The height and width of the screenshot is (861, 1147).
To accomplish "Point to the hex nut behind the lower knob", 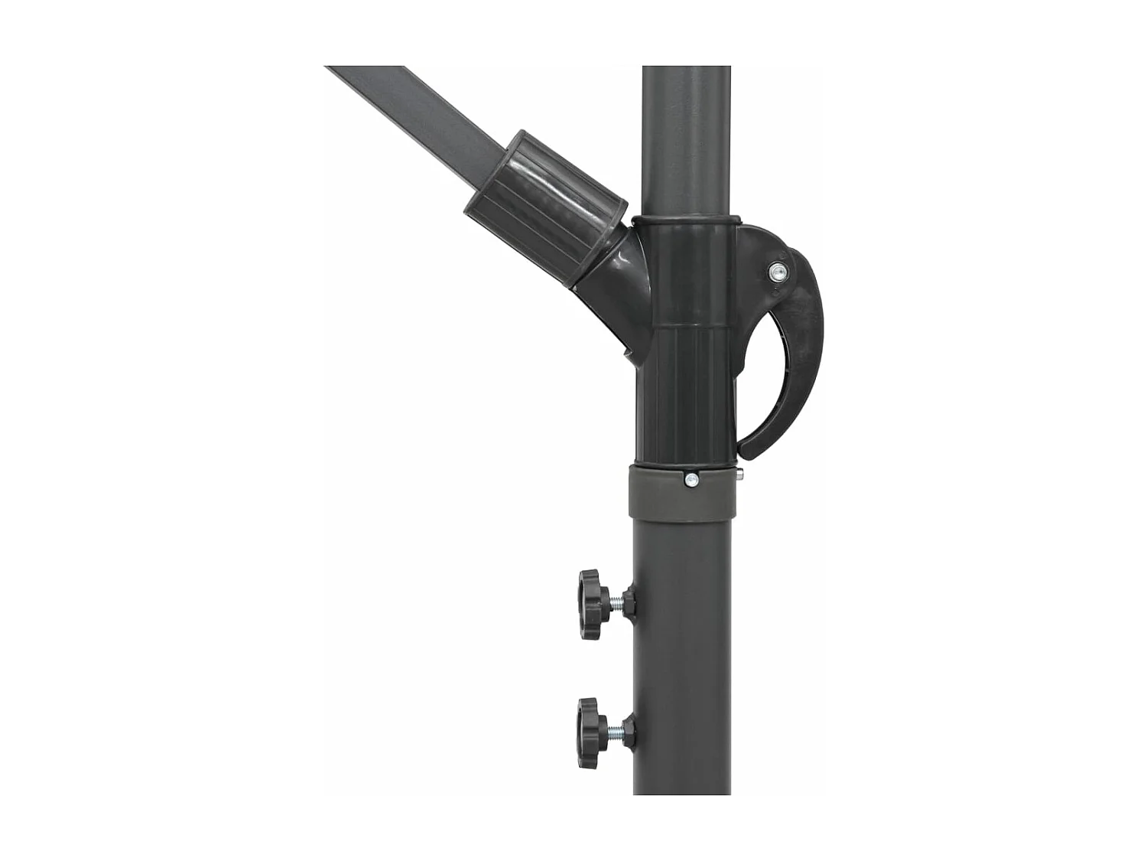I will tap(629, 729).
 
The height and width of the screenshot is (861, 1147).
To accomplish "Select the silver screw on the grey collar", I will tap(691, 480).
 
